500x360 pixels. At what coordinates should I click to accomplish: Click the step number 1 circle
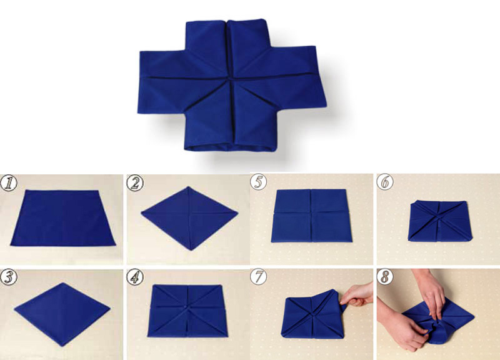[x=9, y=183]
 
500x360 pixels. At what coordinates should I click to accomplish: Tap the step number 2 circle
[x=135, y=183]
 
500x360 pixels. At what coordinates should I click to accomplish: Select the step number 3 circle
[x=9, y=277]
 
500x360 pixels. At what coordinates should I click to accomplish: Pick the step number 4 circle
[x=135, y=277]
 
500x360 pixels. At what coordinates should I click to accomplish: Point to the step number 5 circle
[x=258, y=182]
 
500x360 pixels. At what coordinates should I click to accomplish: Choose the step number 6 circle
[x=385, y=182]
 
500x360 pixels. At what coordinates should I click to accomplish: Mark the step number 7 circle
[x=258, y=277]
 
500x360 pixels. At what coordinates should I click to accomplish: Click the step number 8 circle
[x=385, y=277]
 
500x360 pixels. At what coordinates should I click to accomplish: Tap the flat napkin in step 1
[x=63, y=218]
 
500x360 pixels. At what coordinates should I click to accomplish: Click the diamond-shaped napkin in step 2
[x=190, y=218]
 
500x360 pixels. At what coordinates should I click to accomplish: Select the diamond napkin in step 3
[x=62, y=314]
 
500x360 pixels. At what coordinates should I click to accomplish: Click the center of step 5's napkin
[x=311, y=212]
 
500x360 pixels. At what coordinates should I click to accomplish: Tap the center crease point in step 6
[x=439, y=217]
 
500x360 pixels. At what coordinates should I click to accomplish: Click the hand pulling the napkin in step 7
[x=356, y=295]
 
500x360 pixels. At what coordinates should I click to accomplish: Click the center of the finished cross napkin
[x=229, y=77]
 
